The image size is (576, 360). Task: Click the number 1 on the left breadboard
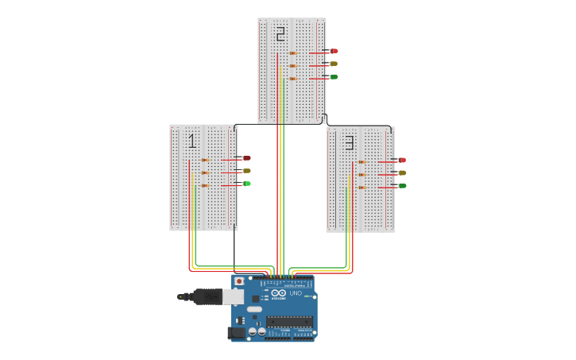(x=191, y=141)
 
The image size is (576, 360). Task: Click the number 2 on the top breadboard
(x=280, y=34)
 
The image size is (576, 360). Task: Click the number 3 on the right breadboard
(x=349, y=143)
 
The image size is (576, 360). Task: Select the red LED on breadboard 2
(x=334, y=51)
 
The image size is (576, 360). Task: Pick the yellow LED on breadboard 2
(x=333, y=64)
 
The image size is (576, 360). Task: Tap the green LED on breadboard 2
(x=333, y=76)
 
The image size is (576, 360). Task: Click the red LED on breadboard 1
(x=246, y=158)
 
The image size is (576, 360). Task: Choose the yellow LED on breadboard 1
(x=246, y=171)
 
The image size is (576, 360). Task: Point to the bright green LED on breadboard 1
(x=246, y=184)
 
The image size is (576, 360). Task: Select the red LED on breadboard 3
(x=402, y=161)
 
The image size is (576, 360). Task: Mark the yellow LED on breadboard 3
(x=402, y=172)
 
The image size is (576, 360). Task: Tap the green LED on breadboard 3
(x=402, y=186)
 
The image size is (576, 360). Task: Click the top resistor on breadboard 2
(x=292, y=53)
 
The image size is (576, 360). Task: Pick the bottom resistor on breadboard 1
(x=204, y=185)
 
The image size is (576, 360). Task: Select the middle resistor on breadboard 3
(x=361, y=175)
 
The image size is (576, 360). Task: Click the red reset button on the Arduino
(x=238, y=281)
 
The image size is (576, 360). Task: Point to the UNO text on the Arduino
(x=296, y=293)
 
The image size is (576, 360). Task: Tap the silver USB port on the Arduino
(x=233, y=296)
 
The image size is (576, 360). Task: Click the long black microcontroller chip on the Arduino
(x=289, y=321)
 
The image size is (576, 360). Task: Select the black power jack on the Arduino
(x=237, y=332)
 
